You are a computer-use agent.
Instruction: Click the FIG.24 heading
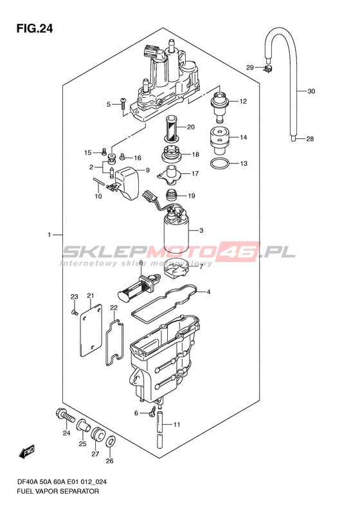pyautogui.click(x=35, y=28)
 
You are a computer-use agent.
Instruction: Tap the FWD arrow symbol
pyautogui.click(x=27, y=451)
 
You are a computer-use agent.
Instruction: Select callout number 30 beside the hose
pyautogui.click(x=311, y=91)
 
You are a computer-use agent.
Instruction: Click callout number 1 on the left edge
pyautogui.click(x=50, y=234)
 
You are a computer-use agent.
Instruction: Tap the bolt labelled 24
pyautogui.click(x=64, y=416)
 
